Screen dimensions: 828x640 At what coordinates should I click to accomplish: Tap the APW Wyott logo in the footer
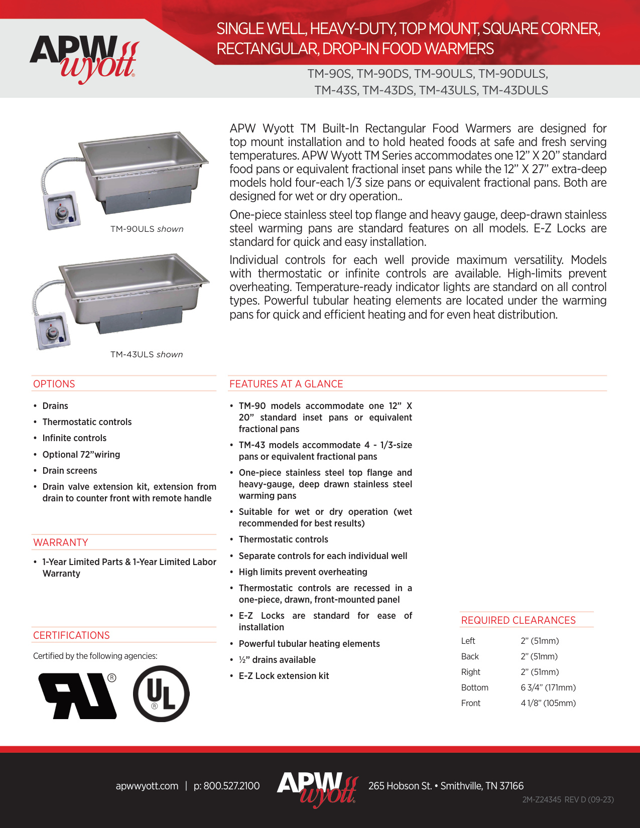click(317, 788)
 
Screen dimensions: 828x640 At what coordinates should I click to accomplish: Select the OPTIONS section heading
click(54, 384)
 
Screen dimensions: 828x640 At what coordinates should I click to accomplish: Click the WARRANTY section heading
click(61, 542)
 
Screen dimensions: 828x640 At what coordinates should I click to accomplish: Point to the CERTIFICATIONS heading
click(71, 635)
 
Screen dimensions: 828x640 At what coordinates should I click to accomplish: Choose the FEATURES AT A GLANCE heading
click(286, 384)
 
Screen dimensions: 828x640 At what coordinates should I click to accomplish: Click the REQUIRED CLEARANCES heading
click(519, 620)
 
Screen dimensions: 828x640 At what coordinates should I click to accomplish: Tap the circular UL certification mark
click(161, 694)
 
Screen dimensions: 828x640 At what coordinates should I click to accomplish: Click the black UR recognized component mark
click(78, 696)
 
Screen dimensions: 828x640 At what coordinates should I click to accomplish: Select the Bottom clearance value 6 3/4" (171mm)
click(548, 687)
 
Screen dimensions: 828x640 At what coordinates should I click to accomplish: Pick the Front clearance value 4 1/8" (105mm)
click(548, 703)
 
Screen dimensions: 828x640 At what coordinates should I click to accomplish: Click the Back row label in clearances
click(470, 656)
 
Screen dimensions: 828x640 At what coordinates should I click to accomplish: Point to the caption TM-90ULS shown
click(147, 229)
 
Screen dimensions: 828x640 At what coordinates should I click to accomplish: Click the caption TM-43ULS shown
click(147, 354)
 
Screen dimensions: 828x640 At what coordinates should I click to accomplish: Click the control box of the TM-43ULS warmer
click(52, 331)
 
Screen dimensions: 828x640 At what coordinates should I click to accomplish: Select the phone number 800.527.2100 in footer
click(227, 786)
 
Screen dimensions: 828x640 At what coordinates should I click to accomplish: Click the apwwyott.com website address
click(147, 786)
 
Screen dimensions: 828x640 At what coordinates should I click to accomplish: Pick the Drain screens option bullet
click(70, 471)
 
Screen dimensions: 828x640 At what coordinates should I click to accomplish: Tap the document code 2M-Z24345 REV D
click(568, 800)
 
